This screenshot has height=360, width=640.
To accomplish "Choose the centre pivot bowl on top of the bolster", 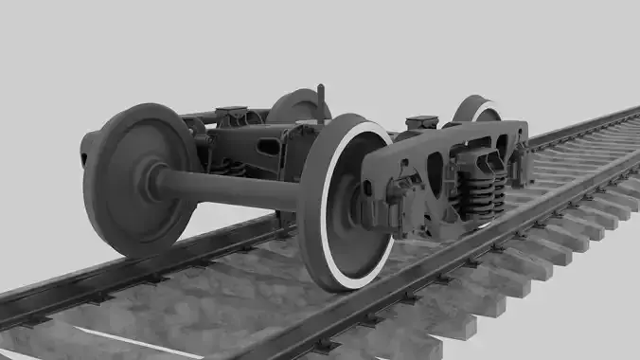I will (421, 123).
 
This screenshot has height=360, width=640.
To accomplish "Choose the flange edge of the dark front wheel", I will (95, 189).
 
